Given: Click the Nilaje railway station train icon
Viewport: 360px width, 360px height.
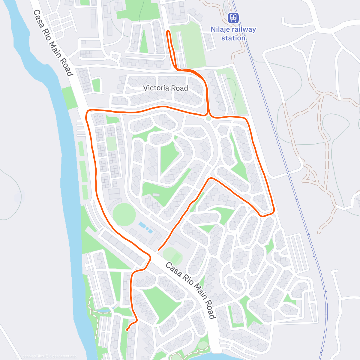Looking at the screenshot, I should tap(233, 18).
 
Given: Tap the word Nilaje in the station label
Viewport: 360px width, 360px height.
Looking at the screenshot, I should tap(220, 29).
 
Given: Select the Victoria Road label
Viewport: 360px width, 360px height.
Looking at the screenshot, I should tap(166, 88).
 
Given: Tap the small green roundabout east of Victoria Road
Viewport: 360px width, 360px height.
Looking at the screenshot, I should tap(208, 118).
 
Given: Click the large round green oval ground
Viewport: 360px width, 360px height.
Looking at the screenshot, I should tap(124, 214).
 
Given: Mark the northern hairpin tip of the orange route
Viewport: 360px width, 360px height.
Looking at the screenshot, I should tap(168, 31).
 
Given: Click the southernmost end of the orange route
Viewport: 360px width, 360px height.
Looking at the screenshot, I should tap(127, 330).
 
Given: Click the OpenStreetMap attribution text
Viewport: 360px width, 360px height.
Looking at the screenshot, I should tap(63, 356).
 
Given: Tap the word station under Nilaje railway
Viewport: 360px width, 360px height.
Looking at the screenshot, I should tap(233, 38).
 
